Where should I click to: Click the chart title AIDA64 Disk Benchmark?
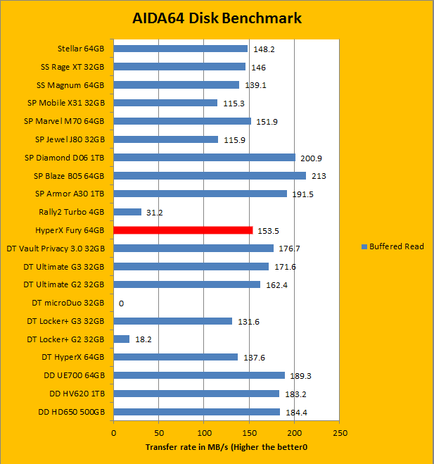217,18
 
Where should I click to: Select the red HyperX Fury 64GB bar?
183,230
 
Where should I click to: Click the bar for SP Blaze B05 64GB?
210,175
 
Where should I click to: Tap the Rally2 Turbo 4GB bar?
127,212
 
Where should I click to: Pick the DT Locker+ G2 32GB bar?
122,339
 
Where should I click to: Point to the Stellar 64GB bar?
180,49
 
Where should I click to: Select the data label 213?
317,176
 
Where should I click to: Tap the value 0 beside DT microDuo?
121,303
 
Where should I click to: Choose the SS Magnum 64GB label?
70,85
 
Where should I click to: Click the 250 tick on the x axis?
340,432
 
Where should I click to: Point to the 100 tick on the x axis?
204,432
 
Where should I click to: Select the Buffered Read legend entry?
392,246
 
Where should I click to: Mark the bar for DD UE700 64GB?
199,375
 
